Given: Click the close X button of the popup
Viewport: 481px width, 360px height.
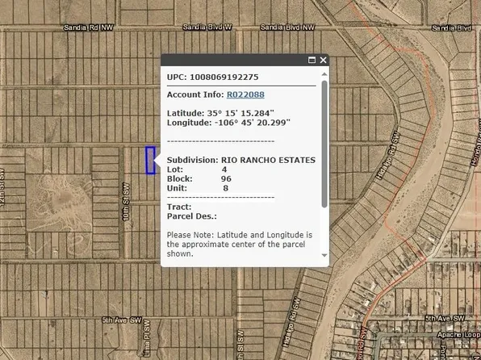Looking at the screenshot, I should [x=323, y=61].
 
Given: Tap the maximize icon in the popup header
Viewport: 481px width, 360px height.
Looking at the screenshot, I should [x=312, y=61].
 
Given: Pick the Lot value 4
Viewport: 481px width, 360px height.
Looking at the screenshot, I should [x=224, y=170].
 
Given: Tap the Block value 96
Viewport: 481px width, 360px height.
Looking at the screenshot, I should [x=226, y=178].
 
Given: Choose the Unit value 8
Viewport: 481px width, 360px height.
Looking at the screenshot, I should [x=225, y=188].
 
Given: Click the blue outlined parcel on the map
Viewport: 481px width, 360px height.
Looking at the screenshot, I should [x=150, y=160].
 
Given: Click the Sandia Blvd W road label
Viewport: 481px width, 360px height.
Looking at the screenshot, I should [x=207, y=27].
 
